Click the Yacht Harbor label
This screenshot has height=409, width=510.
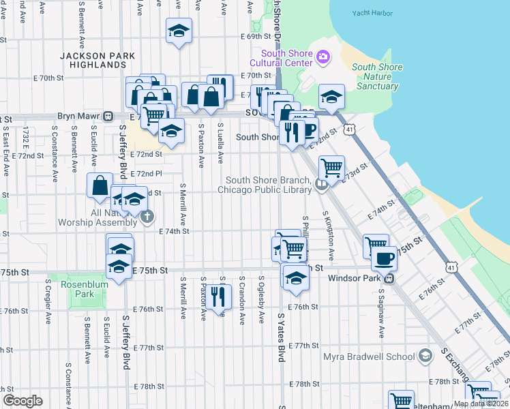click(x=374, y=13)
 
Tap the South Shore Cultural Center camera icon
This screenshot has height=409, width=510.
click(x=323, y=57)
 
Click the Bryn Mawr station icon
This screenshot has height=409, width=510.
click(x=108, y=117)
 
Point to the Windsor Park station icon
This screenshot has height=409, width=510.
click(x=389, y=278)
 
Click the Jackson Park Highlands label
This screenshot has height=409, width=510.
click(x=96, y=60)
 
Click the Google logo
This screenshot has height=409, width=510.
click(x=22, y=401)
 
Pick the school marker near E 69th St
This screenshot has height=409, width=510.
click(x=179, y=31)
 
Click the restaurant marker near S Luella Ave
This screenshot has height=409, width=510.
click(x=218, y=297)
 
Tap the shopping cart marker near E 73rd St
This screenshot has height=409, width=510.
click(x=331, y=166)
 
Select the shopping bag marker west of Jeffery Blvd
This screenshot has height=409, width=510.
click(x=100, y=185)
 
